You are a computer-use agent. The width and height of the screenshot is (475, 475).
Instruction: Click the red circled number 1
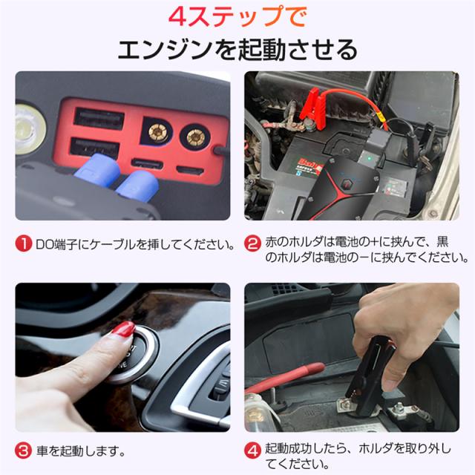click(23, 244)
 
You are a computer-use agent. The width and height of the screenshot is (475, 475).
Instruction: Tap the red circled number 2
click(252, 244)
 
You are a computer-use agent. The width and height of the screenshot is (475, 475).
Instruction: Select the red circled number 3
click(23, 451)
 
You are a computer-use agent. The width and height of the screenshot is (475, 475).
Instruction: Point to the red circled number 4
click(252, 451)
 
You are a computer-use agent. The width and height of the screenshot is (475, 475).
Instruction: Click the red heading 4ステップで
click(237, 16)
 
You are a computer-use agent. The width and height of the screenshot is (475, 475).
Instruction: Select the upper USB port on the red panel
click(99, 117)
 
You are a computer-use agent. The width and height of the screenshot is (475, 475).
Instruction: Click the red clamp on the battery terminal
click(312, 108)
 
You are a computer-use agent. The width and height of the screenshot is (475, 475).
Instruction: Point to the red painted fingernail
click(124, 330)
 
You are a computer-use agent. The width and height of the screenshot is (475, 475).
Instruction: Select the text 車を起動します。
click(81, 451)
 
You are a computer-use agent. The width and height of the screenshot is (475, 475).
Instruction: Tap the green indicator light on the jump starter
click(369, 158)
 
